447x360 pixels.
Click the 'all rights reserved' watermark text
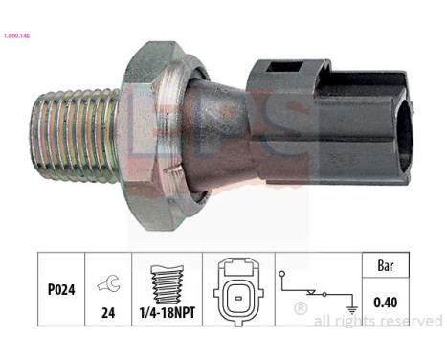pos(378,321)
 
